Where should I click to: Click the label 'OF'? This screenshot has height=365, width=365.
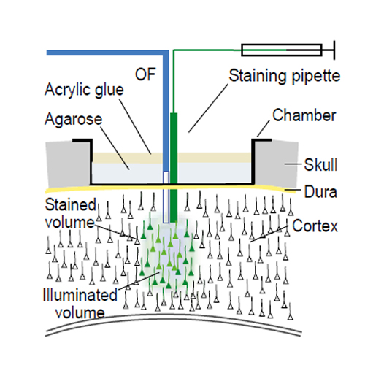coord(145,74)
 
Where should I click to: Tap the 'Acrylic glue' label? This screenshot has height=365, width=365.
coord(84,90)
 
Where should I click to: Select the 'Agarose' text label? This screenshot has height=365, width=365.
coord(74,119)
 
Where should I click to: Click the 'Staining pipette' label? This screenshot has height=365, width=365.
coord(284,76)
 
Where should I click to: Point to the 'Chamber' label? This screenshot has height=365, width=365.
coord(304,115)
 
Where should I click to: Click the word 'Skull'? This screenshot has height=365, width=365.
coord(320,165)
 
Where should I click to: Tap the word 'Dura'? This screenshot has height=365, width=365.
coord(320,192)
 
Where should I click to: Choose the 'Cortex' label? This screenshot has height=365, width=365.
coord(315,226)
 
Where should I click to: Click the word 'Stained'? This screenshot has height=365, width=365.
coord(71,204)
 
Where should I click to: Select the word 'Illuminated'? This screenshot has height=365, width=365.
coord(80,295)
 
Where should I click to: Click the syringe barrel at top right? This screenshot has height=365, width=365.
coord(282,50)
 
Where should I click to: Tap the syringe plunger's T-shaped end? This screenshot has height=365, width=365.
coord(334,50)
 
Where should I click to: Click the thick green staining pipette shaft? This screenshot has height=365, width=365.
coord(174,167)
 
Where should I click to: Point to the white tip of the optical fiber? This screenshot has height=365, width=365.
coord(166,197)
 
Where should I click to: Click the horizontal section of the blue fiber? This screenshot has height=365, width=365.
coord(107,53)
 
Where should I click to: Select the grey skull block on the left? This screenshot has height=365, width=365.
coord(69,164)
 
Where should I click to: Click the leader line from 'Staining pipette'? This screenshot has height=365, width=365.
coord(208,108)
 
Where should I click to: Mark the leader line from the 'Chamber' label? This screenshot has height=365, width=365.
coord(264,128)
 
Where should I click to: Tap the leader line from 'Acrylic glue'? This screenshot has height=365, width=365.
coord(135,126)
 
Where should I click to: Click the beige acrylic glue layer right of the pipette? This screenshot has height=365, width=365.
coord(215,158)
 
